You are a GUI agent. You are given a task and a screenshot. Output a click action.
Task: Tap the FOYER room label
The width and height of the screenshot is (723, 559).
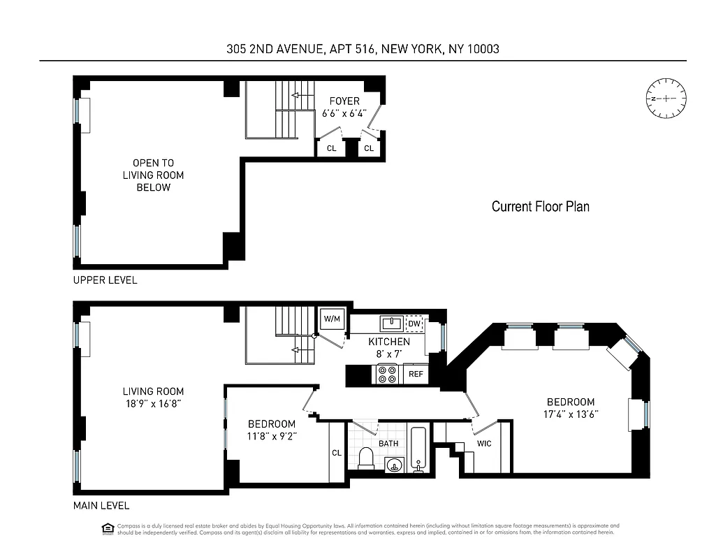click(344, 101)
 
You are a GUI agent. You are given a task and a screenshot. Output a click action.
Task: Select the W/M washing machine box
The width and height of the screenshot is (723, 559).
click(332, 319)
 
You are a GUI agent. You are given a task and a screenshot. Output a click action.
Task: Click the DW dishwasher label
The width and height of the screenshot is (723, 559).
click(414, 324)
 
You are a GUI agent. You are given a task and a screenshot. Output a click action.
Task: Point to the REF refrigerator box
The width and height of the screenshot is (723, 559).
click(416, 374)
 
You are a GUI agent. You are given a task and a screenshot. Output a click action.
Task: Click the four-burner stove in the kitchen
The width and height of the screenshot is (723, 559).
click(387, 374)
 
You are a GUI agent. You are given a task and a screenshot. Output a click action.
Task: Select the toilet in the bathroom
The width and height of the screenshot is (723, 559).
click(366, 458)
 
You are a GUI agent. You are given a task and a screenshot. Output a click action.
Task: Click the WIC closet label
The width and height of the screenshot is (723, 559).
click(484, 443)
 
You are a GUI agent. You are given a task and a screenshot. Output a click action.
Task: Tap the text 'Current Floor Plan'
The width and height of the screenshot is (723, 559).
click(540, 206)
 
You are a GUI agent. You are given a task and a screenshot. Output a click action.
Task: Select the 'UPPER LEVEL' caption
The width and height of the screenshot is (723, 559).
click(105, 280)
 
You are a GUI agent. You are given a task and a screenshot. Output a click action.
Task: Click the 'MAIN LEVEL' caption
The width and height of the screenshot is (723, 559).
click(101, 506)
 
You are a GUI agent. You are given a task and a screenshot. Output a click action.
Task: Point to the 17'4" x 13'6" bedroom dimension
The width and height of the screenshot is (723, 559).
click(571, 414)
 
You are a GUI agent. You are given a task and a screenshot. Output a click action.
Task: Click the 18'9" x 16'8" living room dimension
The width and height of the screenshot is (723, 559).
click(154, 403)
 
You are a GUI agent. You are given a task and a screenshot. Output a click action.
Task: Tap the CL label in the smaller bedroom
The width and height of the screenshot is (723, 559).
click(336, 453)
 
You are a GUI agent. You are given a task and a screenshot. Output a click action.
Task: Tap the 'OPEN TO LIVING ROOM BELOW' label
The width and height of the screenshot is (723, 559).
click(154, 175)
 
